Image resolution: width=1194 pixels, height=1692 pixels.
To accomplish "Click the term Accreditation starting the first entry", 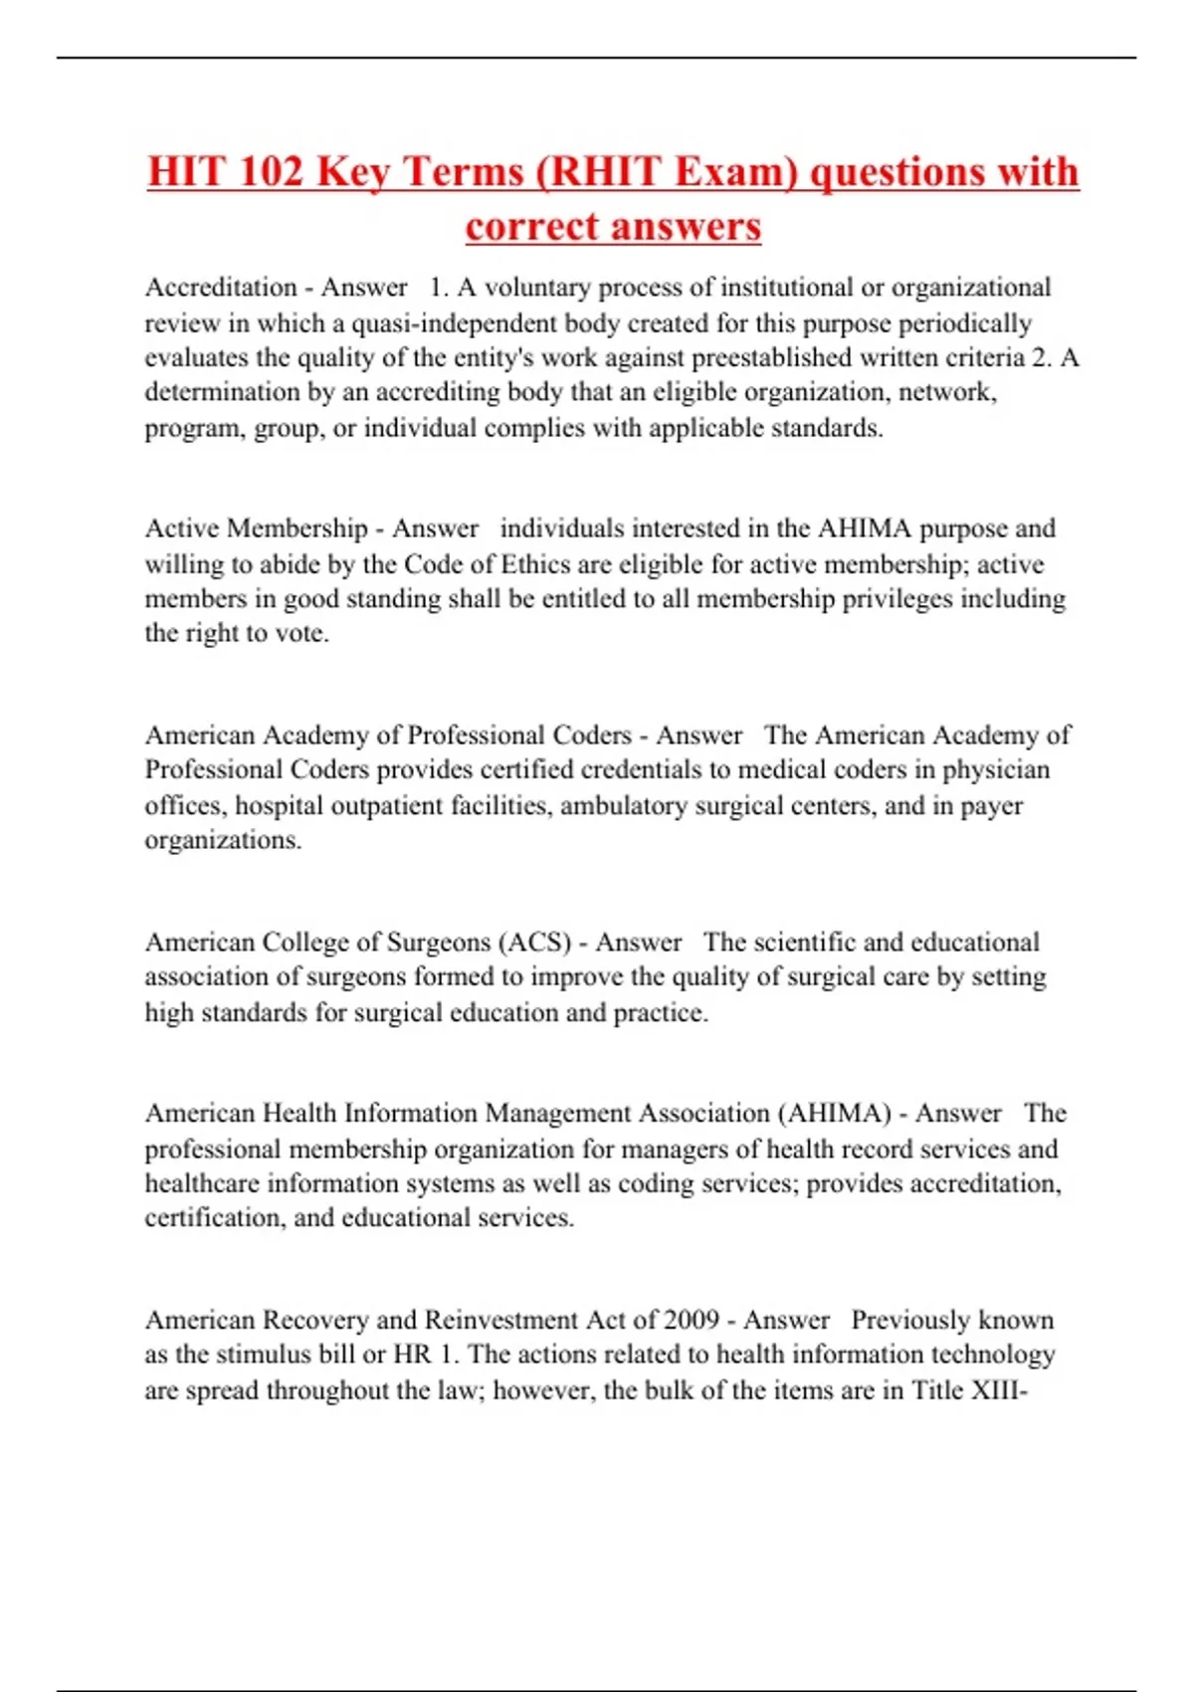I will tap(221, 288).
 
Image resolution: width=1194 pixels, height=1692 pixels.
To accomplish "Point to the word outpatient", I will tap(384, 805).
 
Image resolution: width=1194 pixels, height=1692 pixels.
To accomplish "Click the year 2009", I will tap(692, 1321).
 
